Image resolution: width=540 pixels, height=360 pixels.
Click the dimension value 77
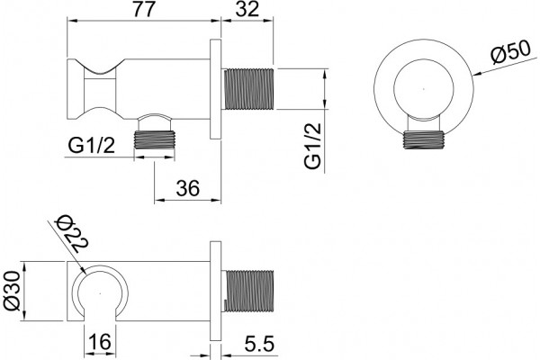[144, 9]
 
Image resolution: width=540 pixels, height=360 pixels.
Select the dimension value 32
[247, 9]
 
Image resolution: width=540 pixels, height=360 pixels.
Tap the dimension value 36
[188, 188]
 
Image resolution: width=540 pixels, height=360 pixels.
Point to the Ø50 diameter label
[510, 51]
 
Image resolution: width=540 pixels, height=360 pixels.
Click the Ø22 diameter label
[73, 235]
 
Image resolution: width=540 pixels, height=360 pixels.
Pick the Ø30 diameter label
[13, 291]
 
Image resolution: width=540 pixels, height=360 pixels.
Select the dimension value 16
[100, 341]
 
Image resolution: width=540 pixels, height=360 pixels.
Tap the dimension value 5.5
[259, 344]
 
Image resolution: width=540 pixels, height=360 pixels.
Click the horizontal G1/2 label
[91, 146]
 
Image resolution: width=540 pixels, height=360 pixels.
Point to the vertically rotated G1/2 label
[312, 146]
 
